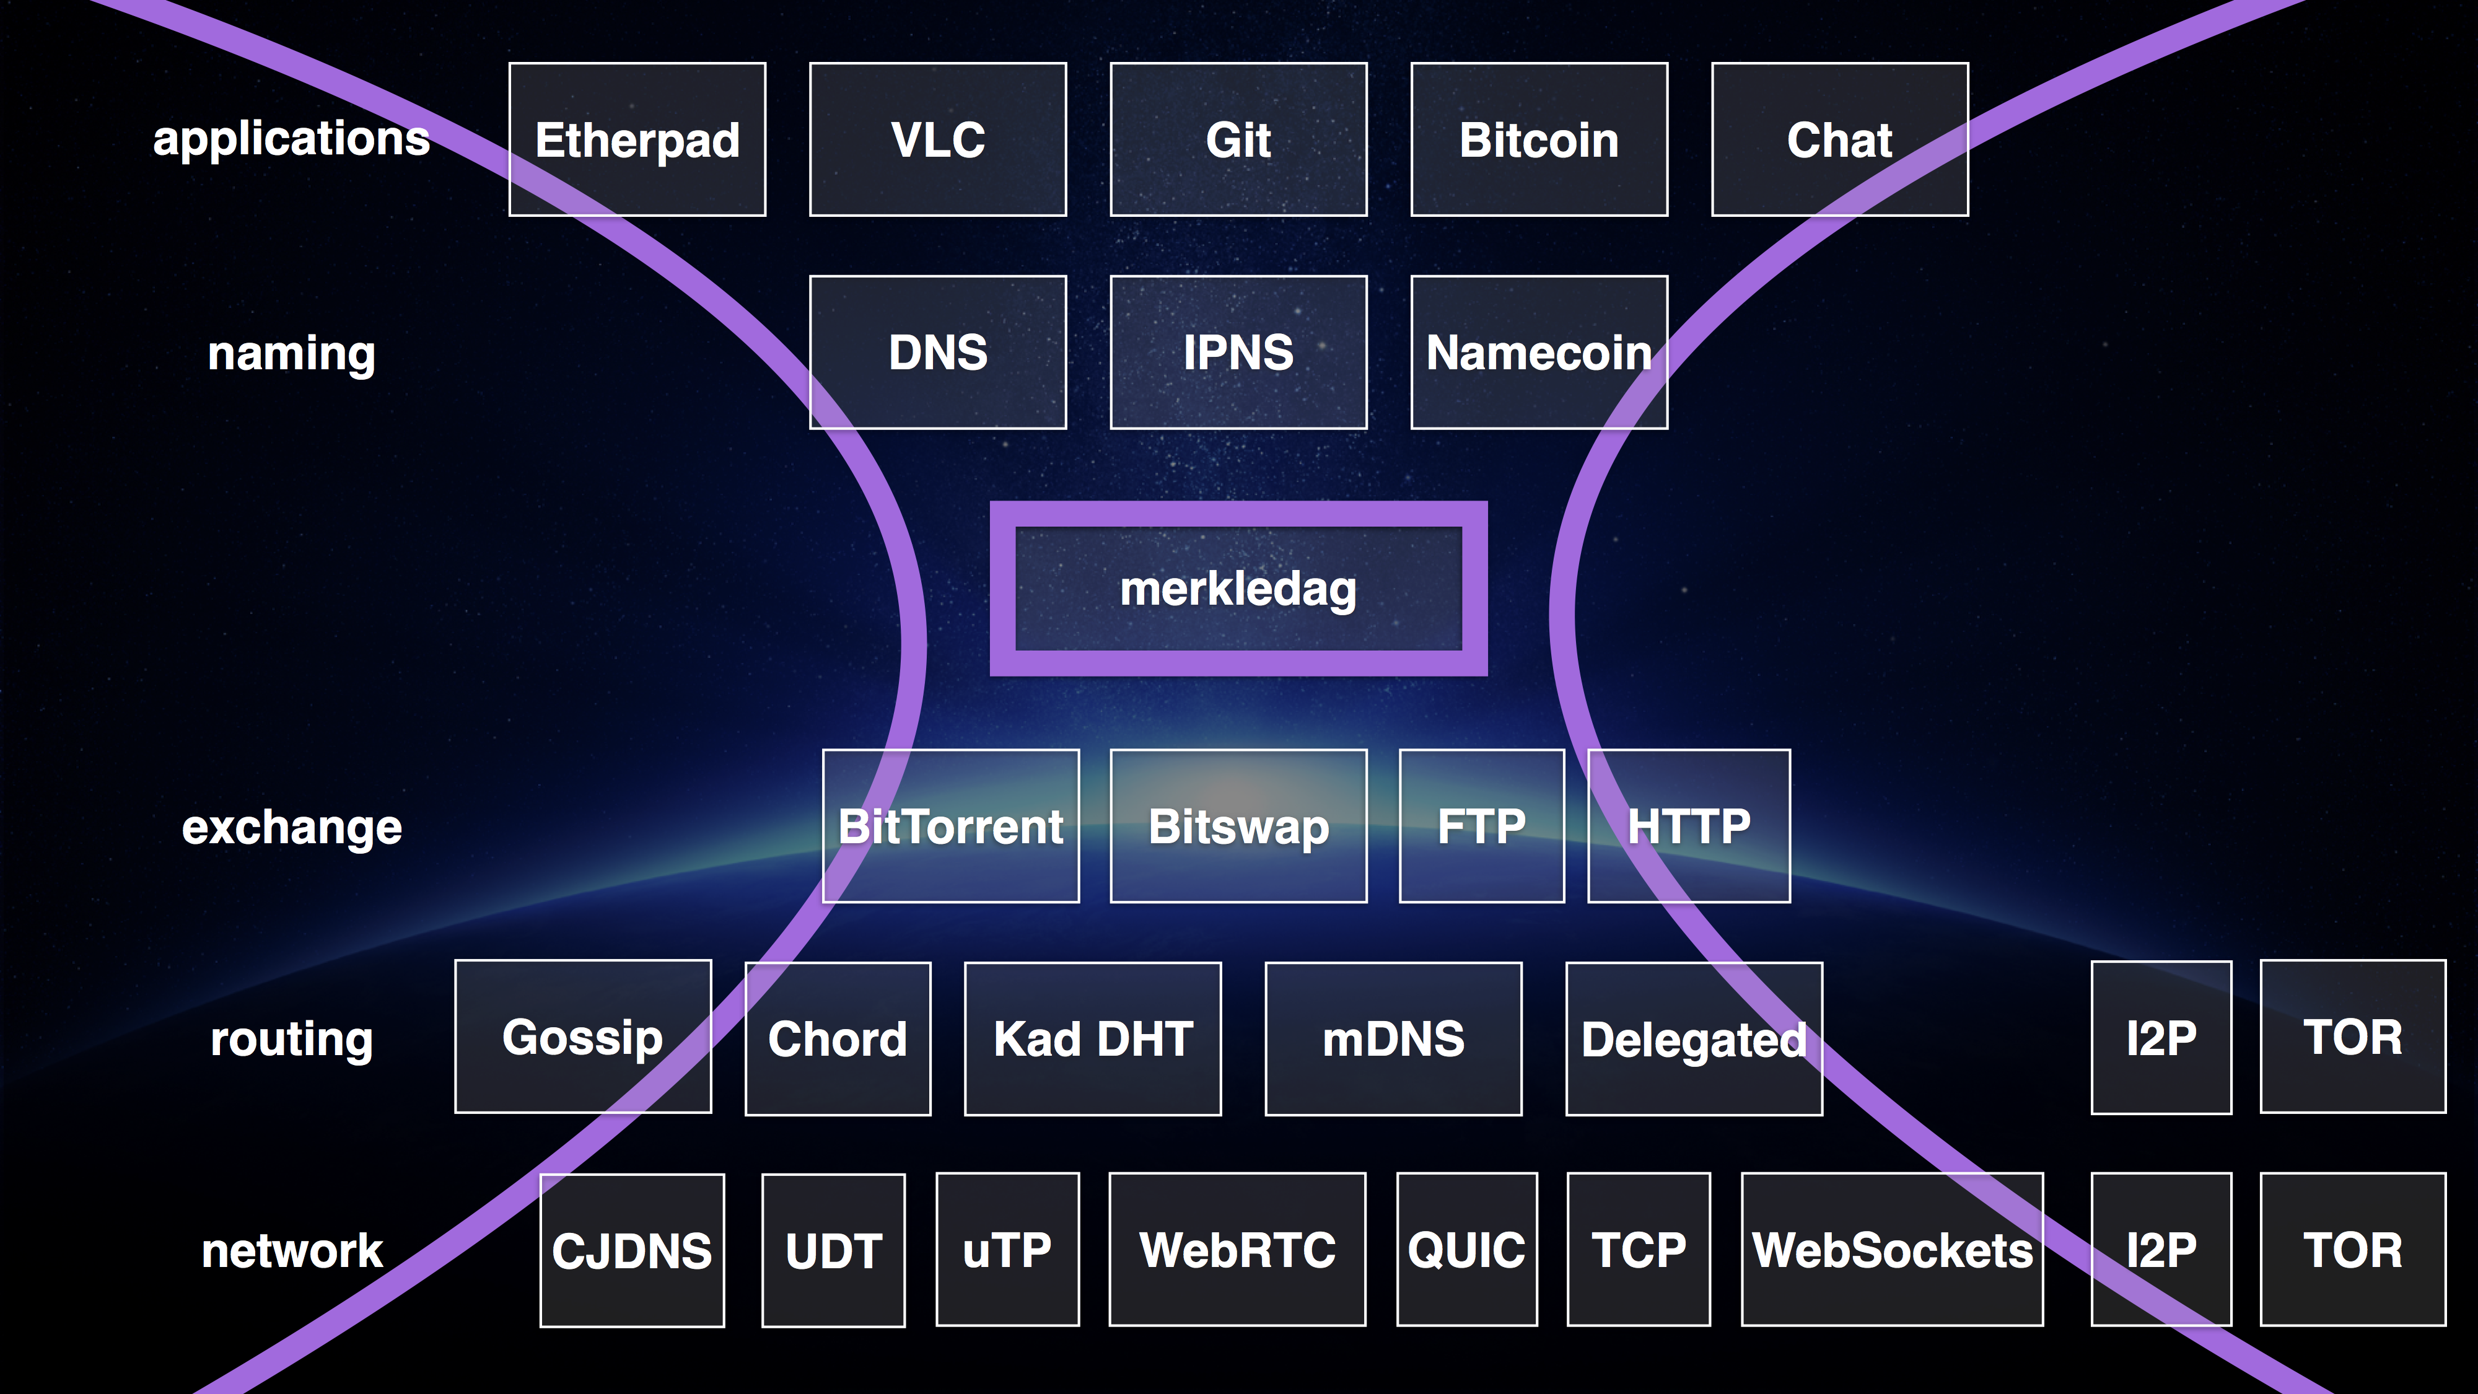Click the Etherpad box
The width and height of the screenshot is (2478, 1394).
[x=637, y=139]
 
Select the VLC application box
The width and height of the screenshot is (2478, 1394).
[x=938, y=139]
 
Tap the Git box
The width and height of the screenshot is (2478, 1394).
[x=1238, y=139]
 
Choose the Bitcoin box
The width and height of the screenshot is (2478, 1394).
[x=1539, y=139]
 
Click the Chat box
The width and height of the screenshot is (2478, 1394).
[x=1839, y=139]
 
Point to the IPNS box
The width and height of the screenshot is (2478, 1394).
[x=1238, y=352]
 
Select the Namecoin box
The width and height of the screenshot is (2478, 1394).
[x=1539, y=352]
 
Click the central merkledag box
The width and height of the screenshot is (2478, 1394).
[x=1238, y=589]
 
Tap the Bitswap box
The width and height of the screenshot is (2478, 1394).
[x=1238, y=825]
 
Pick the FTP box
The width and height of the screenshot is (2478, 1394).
[x=1481, y=825]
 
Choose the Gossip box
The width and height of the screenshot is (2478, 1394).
[x=583, y=1036]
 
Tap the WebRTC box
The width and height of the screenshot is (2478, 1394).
[x=1237, y=1250]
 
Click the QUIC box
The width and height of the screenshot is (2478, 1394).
[x=1467, y=1250]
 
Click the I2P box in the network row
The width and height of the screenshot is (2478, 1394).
[x=2161, y=1250]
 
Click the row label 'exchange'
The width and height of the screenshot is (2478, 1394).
[x=291, y=827]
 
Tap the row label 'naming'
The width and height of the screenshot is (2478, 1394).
[x=291, y=354]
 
